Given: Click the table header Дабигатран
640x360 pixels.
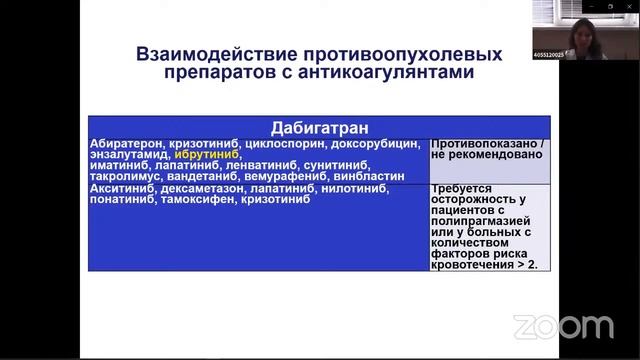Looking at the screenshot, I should pos(319,128).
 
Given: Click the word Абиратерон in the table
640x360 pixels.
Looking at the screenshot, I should pos(121,143).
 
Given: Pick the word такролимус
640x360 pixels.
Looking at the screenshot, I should pos(123,177).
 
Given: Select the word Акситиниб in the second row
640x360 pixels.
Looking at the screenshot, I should pos(119,188).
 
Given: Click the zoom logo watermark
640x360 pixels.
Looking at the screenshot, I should pos(562,326).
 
